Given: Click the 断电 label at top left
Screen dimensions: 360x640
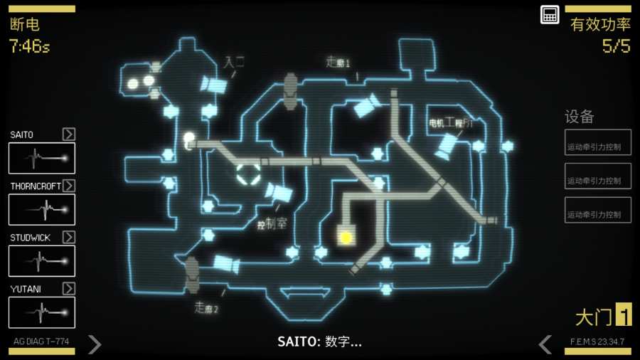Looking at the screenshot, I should point(25,25).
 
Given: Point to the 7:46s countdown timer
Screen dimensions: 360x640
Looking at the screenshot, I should point(29,47).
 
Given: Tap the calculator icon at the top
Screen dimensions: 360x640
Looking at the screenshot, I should point(550,14).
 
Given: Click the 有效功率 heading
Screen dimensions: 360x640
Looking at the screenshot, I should point(600,25).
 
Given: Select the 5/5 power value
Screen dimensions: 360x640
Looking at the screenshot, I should point(616,47).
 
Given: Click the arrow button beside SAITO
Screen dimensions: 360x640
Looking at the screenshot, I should point(69,134).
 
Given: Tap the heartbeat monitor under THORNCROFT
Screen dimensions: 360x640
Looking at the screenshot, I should point(42,209).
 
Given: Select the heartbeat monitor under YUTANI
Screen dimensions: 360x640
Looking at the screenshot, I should point(42,312).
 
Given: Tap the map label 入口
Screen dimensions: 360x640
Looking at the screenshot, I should point(234,62).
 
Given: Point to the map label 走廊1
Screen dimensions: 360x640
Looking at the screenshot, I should point(338,63).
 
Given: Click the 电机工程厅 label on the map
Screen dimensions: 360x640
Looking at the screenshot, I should point(451,123).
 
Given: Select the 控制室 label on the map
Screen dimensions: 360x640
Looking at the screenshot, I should point(272,224).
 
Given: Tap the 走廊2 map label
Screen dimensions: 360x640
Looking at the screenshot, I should point(206,308).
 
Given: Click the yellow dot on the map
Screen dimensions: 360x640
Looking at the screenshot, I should point(346,238).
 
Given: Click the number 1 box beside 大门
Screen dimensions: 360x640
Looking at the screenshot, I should point(624,314).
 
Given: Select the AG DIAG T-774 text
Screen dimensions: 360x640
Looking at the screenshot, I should point(41,342).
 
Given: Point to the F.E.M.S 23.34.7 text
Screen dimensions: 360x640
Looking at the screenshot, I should point(597,342).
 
